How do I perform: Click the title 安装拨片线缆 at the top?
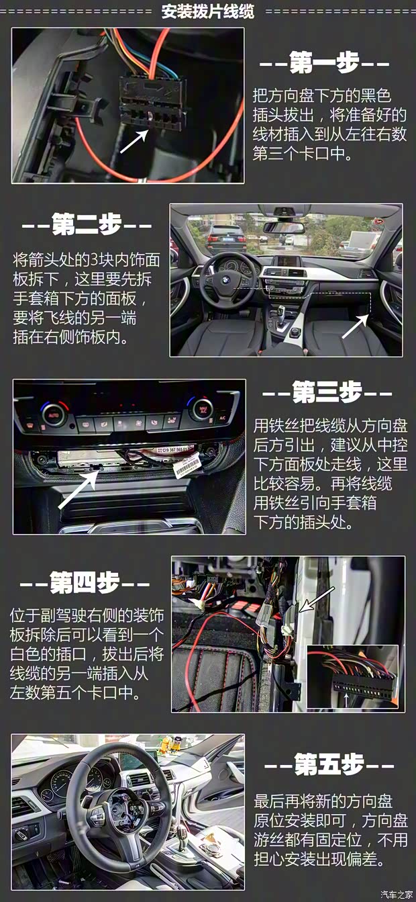point(207,11)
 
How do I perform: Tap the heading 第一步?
point(324,64)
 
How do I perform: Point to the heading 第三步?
point(327,393)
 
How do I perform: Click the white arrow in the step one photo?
point(134,142)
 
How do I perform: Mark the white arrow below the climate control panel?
point(79,489)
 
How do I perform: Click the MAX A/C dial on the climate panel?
point(200,408)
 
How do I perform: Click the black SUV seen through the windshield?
point(223,236)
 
